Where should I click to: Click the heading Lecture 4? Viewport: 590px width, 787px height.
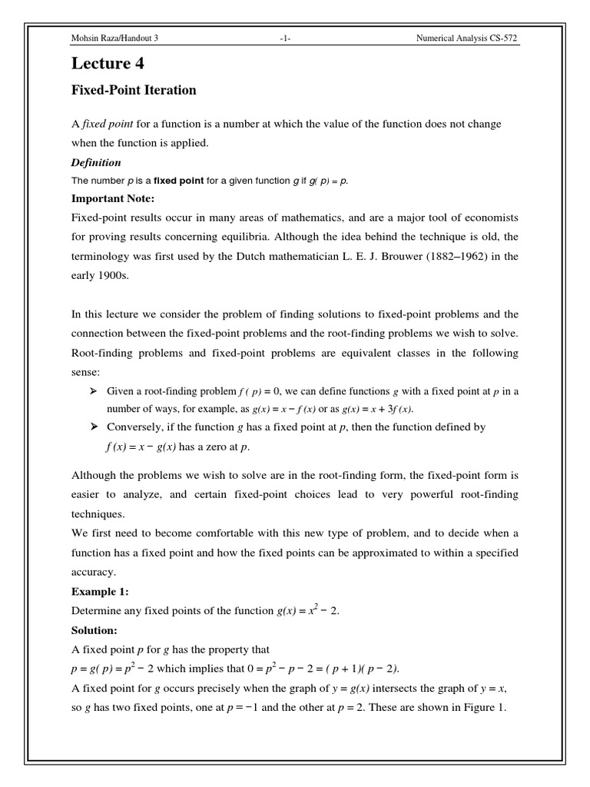click(107, 64)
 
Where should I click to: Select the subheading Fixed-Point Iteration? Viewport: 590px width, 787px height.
click(134, 91)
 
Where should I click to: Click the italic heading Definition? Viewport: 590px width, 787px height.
click(96, 163)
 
